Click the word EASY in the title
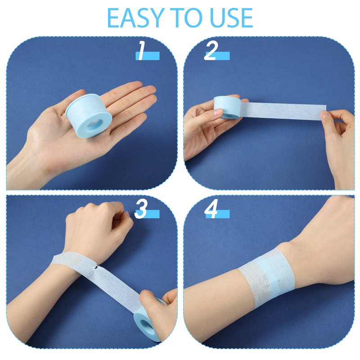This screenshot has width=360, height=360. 134,18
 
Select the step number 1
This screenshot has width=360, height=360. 142,51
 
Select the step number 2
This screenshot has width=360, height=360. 211,51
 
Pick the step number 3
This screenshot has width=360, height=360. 140,209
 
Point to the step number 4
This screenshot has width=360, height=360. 211,209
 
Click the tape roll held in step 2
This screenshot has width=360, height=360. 227,108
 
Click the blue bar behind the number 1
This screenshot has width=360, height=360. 148,56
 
